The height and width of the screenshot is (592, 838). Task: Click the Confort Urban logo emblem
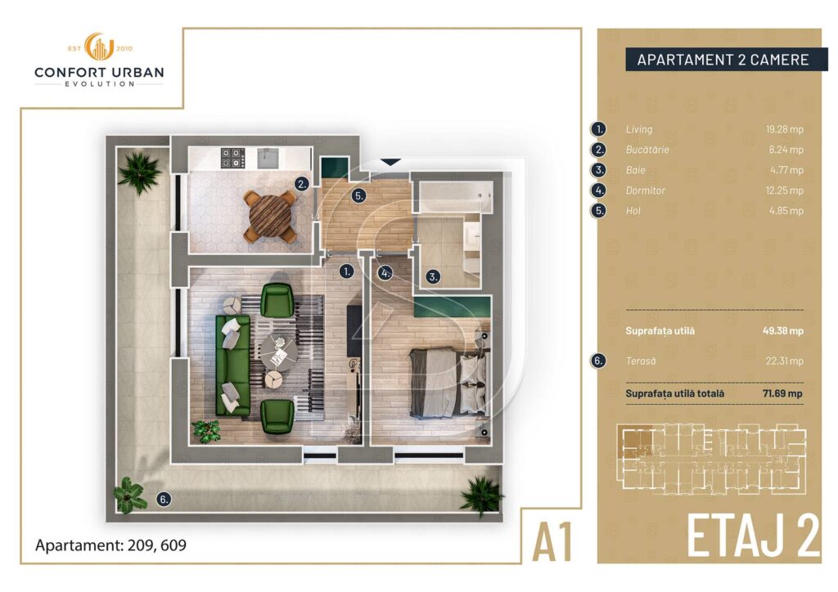coord(100,47)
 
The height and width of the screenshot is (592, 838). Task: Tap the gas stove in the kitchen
coord(233,158)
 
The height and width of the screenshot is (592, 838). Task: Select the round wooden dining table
coord(270,216)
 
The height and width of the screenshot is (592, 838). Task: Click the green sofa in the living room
coord(232,366)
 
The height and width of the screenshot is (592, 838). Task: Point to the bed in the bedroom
coord(449,382)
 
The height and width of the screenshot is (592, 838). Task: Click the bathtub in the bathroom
coord(456,197)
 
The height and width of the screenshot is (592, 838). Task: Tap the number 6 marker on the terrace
coord(164,499)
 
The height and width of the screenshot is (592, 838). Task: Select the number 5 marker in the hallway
coord(359,196)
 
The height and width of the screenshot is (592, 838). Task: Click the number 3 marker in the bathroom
coord(433,276)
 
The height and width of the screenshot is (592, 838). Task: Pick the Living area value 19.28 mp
coord(784,129)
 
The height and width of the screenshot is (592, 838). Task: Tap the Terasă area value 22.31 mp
coord(784,361)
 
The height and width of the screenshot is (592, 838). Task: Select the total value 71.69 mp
coord(782,393)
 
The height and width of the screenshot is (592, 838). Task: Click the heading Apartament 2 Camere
coord(723,60)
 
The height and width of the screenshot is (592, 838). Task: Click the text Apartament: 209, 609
coord(110,545)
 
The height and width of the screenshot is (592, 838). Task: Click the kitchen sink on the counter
coord(268,158)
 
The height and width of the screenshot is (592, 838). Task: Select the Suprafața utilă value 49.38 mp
coord(783,330)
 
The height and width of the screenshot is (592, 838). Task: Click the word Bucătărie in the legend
coord(647,150)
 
